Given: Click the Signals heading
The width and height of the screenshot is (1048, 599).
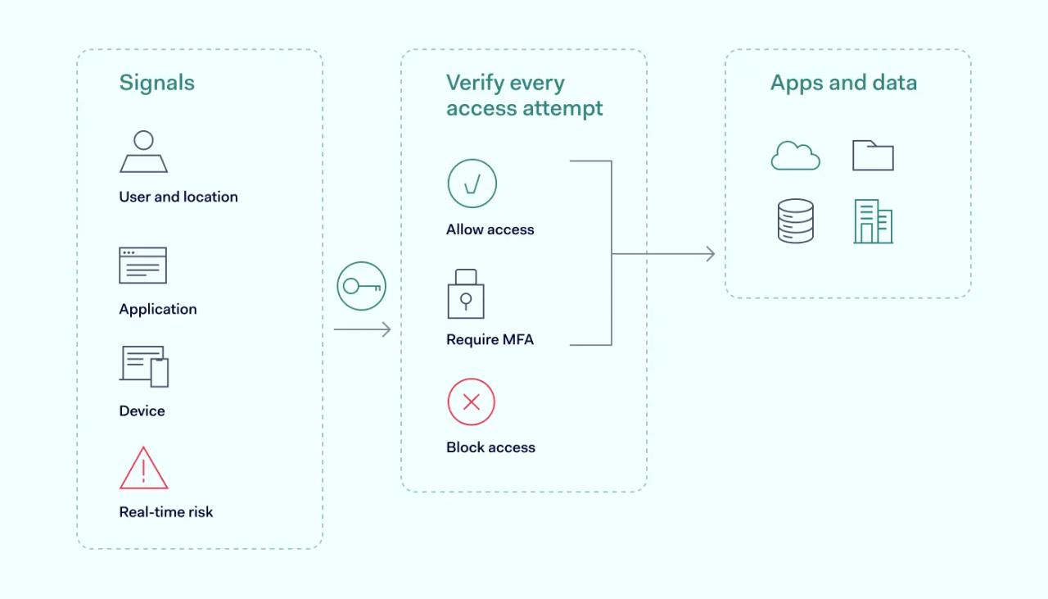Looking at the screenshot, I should point(156,83).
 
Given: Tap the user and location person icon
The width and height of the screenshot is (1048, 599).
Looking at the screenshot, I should point(144,152).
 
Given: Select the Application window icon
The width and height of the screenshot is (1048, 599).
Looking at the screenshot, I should point(143,265).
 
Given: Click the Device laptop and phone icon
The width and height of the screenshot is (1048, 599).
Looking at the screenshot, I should point(144,366).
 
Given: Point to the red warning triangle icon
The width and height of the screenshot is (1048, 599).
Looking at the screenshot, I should point(144,469).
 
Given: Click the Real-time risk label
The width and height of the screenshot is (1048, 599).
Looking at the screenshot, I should point(166,512).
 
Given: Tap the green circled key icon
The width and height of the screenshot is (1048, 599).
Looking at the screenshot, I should point(361,286).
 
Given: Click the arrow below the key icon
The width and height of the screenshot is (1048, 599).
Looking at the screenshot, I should point(362,329).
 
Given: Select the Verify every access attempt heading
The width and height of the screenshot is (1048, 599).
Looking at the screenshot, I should point(524,95).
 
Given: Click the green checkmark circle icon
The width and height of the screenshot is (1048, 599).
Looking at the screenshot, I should point(472,184).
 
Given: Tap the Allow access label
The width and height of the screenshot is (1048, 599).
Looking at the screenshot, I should point(490,230).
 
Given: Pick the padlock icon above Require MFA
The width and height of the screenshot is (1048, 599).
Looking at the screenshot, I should point(466,294).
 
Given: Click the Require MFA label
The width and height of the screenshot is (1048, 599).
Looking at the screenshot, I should point(490,339).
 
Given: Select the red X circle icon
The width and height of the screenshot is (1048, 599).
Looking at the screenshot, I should point(472,402).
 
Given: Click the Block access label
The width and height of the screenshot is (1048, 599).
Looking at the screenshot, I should point(490,447).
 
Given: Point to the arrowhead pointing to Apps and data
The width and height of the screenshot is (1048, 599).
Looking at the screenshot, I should point(709,254).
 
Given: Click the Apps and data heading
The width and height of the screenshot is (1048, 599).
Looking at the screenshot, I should point(843,83).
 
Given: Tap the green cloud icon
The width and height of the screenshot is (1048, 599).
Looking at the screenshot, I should point(795,156).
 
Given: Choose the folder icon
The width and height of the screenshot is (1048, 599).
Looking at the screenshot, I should point(873,155).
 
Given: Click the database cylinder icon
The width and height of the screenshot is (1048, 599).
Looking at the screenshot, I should point(795,221).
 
